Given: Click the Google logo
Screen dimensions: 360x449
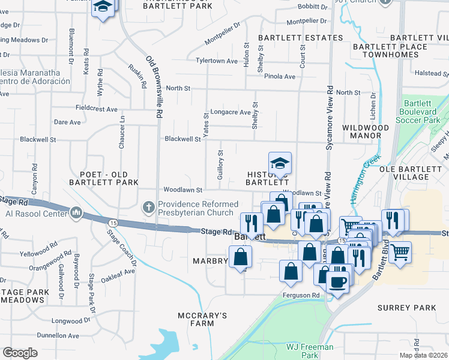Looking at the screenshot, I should (x=20, y=353).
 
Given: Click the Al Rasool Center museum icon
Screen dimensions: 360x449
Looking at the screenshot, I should (x=76, y=212).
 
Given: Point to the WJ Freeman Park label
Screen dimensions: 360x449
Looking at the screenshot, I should (x=310, y=351).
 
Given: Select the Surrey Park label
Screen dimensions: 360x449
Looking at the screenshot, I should (x=407, y=308).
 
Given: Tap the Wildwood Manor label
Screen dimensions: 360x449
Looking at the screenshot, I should (x=362, y=131).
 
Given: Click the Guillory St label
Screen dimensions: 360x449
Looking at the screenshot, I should (x=220, y=163).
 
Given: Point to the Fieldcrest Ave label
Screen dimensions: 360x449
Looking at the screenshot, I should (x=97, y=109).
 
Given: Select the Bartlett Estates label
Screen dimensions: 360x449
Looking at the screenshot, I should (x=301, y=38).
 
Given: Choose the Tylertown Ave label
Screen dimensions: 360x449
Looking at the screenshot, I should (x=217, y=61).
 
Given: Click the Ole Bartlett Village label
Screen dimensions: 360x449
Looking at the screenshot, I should (x=413, y=173).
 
